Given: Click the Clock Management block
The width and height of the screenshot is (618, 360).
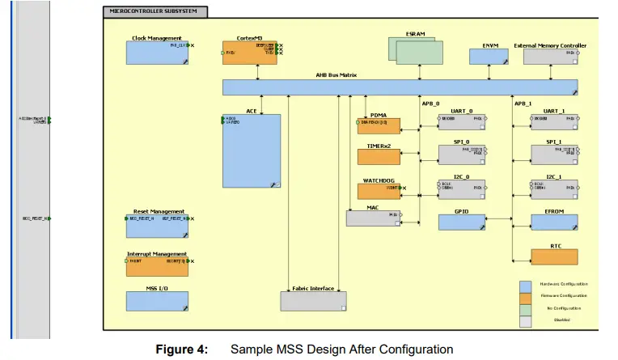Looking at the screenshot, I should [x=156, y=53].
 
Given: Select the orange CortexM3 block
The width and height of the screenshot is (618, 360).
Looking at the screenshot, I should [x=250, y=53].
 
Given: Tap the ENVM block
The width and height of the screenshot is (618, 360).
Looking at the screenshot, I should [x=489, y=57].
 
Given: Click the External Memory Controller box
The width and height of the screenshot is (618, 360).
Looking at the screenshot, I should [x=550, y=57].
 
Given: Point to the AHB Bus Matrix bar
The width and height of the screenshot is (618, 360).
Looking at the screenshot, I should [x=400, y=87].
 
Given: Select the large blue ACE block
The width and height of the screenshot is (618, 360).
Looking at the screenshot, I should [x=252, y=150].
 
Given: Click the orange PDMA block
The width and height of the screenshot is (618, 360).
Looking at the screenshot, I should [x=379, y=126].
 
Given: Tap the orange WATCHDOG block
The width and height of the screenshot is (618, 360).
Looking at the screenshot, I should [x=379, y=191].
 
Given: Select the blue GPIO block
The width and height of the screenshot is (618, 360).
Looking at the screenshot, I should [x=462, y=222].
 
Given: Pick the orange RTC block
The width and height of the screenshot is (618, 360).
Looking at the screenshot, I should [x=554, y=256].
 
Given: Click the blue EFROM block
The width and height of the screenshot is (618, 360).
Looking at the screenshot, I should [x=554, y=222].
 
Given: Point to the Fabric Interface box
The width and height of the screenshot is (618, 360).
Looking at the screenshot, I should [x=313, y=301].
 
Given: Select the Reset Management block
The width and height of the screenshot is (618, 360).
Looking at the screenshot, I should [x=157, y=226].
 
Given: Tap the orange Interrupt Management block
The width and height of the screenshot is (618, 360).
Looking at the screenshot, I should [x=157, y=267].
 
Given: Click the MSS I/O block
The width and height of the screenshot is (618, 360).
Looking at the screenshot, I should [x=157, y=301].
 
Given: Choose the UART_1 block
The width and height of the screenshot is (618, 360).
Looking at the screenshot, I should [x=554, y=121].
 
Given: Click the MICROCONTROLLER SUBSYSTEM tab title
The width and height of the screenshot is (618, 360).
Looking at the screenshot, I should [x=154, y=11].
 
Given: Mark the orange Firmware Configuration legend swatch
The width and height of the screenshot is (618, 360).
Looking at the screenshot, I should [x=525, y=296].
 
